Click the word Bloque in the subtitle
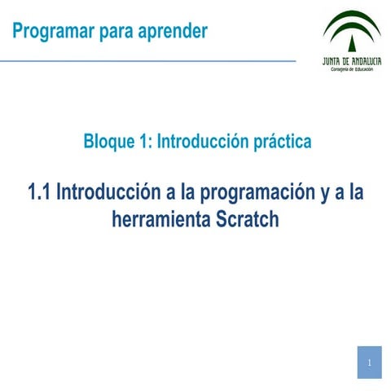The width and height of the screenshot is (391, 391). pyautogui.click(x=109, y=142)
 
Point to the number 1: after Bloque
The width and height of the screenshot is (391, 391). pyautogui.click(x=146, y=142)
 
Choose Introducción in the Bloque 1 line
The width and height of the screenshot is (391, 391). pyautogui.click(x=202, y=142)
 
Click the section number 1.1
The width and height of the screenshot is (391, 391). pyautogui.click(x=40, y=194)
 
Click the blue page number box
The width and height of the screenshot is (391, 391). pyautogui.click(x=369, y=362)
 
